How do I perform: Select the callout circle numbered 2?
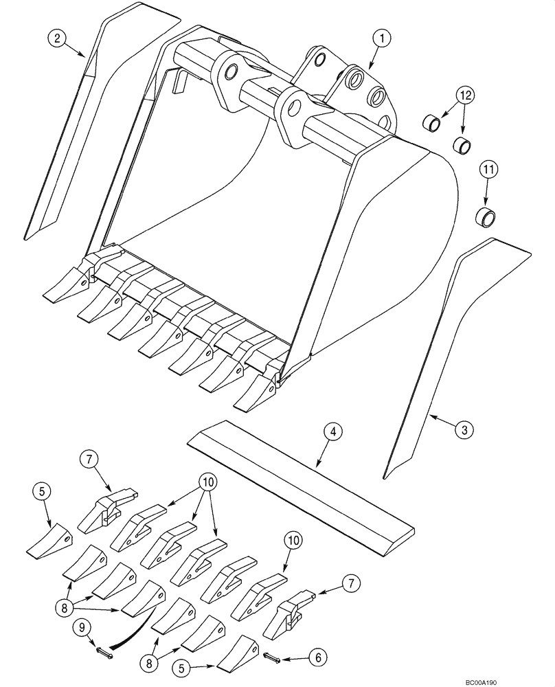click(57, 38)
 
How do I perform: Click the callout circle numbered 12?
click(466, 95)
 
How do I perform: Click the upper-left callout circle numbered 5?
click(42, 491)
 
